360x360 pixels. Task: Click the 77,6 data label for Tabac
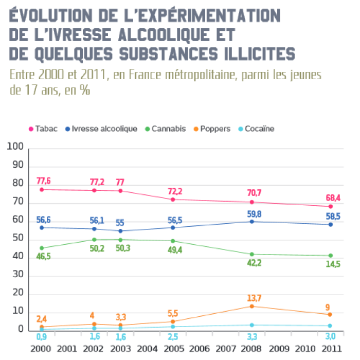[x=43, y=181]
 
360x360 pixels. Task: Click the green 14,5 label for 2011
[x=330, y=265]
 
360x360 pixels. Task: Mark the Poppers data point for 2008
[x=251, y=307]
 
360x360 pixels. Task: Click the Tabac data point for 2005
[x=173, y=200]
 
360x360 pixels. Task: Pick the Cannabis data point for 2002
[x=94, y=240]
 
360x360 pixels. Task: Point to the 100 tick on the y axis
[x=16, y=148]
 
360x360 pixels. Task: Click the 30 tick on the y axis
[x=18, y=275]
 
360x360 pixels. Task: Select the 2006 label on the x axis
[x=199, y=348]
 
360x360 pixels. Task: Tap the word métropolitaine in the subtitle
[x=186, y=75]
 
